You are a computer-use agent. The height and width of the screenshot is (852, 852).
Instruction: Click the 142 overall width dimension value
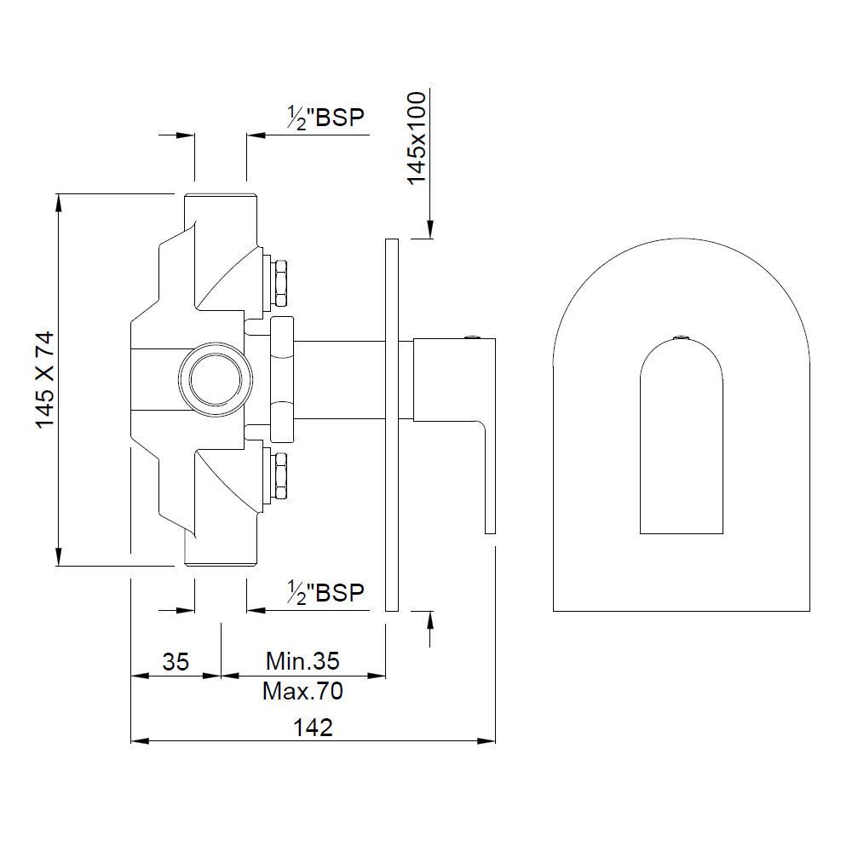coord(312,728)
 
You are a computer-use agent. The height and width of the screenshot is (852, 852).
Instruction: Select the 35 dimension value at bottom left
coord(175,661)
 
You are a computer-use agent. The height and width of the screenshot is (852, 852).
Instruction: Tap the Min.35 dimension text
coord(302,660)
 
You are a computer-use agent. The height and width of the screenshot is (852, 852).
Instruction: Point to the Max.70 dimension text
coord(302,691)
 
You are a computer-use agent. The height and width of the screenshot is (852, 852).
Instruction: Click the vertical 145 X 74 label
coord(45,379)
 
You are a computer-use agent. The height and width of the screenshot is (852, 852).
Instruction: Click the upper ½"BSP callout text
coord(325,118)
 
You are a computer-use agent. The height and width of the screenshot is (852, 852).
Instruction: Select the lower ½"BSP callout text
coord(325,593)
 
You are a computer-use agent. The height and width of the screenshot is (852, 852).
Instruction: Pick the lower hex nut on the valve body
coord(279,477)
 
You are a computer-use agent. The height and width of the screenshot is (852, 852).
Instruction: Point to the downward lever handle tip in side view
coord(490,520)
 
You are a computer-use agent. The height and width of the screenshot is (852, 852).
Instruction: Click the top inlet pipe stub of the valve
coord(221,209)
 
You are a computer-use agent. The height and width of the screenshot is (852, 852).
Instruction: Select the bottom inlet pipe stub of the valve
coord(221,550)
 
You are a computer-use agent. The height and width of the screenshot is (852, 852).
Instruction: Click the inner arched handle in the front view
coord(681,443)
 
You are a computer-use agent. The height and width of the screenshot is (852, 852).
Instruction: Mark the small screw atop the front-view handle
coord(681,338)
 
